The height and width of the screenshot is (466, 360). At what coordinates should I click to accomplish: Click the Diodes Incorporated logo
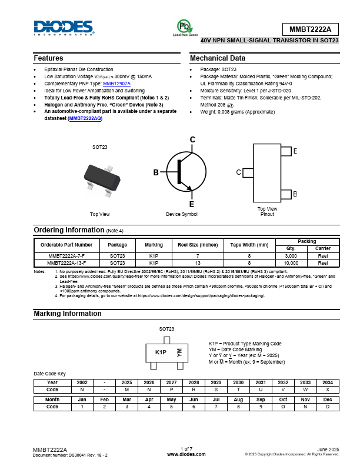tap(64, 28)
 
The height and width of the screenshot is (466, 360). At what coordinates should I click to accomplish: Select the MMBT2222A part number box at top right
tap(311, 29)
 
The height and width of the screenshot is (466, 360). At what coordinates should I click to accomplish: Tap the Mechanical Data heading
tap(218, 58)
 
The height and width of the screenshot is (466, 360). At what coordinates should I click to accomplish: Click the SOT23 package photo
tap(101, 178)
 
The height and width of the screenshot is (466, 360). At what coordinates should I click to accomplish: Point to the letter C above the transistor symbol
tap(192, 139)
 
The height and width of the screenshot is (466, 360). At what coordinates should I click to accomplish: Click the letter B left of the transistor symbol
tap(156, 172)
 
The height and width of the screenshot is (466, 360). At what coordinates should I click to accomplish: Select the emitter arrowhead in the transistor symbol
tap(189, 189)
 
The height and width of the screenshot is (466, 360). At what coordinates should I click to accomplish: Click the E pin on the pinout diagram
tap(286, 152)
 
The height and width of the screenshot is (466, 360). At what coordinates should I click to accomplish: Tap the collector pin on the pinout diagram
tap(248, 172)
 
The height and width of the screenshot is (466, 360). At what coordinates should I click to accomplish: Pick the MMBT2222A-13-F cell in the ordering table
tap(66, 264)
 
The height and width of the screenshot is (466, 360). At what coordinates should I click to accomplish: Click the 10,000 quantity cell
tap(291, 264)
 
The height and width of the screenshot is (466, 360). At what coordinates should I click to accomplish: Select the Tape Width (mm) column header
tap(249, 245)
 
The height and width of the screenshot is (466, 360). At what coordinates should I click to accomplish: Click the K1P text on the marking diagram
tap(161, 352)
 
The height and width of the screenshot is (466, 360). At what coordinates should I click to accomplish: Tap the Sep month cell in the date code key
tap(258, 399)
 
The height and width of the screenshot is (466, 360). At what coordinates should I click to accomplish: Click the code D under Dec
tap(328, 407)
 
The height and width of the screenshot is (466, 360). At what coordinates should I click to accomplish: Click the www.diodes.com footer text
tap(186, 454)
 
